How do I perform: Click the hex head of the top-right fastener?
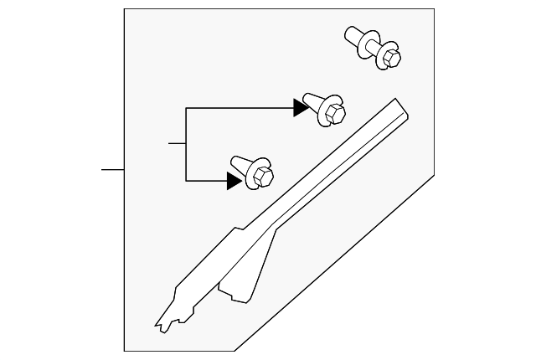click(390, 58)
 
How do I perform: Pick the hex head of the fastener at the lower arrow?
click(262, 176)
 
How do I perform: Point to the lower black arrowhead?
click(234, 180)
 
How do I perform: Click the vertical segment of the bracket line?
click(185, 144)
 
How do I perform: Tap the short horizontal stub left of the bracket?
click(176, 144)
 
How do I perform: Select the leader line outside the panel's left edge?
click(112, 170)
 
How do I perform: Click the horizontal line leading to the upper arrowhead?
click(239, 108)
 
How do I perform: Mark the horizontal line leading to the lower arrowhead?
click(205, 180)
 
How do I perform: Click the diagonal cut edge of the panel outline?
click(335, 262)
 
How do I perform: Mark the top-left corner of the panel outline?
click(124, 9)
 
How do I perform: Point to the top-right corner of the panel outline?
click(434, 9)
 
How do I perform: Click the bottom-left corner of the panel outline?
click(124, 351)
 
